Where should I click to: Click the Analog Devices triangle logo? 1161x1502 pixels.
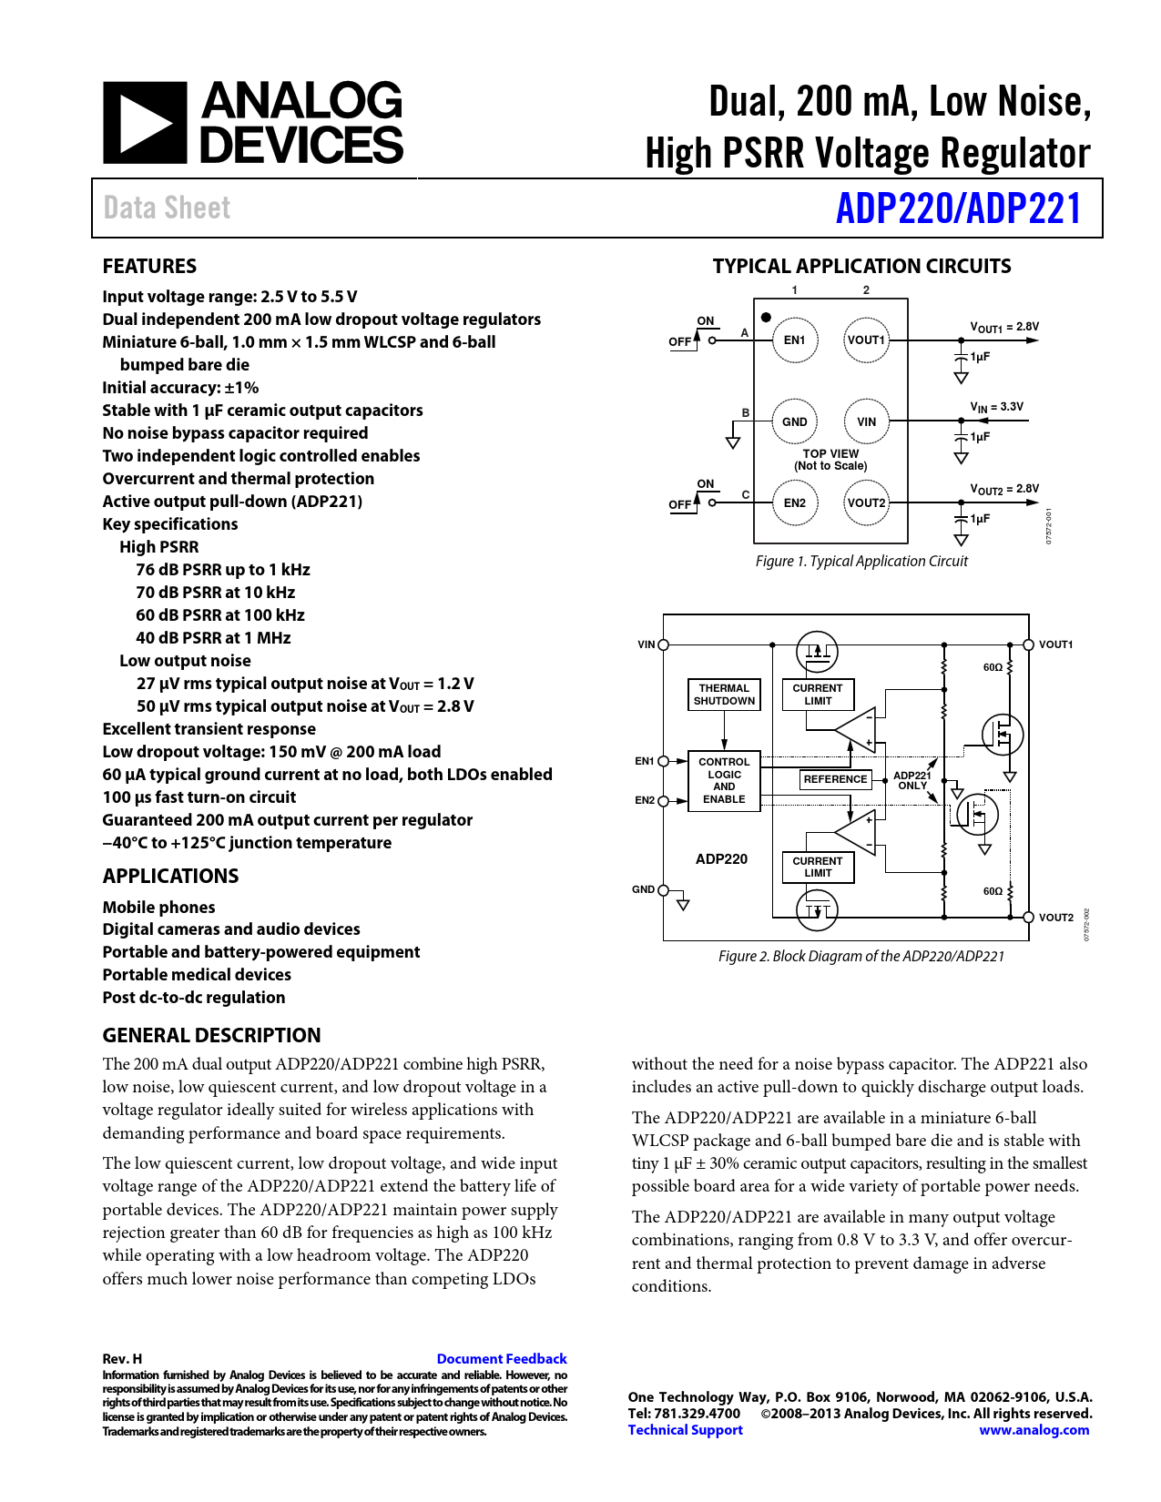(x=145, y=123)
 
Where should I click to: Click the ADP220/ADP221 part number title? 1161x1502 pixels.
(x=958, y=208)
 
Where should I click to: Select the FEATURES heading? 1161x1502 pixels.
(x=149, y=266)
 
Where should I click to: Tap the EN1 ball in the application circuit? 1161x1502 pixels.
(x=795, y=340)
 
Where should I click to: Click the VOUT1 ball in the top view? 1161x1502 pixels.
(x=866, y=340)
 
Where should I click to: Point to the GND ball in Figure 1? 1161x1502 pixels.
(x=795, y=421)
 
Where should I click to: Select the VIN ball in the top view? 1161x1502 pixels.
(x=866, y=421)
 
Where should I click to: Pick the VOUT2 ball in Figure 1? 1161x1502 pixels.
(x=866, y=502)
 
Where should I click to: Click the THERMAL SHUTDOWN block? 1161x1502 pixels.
(x=724, y=695)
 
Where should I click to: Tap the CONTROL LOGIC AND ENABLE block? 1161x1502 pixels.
(x=724, y=780)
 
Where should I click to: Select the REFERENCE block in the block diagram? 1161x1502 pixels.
(x=835, y=779)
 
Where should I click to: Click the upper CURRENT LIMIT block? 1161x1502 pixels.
(x=818, y=695)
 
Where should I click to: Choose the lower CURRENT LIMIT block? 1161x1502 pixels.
(x=818, y=867)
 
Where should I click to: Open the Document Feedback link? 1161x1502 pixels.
(x=502, y=1358)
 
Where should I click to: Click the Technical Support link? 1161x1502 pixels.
(x=685, y=1430)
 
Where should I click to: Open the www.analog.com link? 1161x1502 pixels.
(x=1034, y=1430)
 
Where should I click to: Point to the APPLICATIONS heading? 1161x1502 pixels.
(x=170, y=876)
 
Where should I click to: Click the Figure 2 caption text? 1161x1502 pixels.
(x=861, y=956)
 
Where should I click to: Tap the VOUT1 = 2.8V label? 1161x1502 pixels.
(x=1004, y=327)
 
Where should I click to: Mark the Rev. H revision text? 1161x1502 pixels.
(x=122, y=1358)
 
